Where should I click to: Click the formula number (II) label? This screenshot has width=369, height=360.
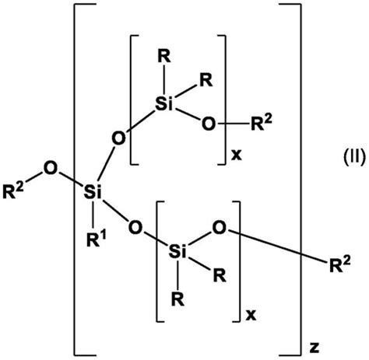354,158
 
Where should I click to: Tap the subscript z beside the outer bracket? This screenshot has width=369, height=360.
315,348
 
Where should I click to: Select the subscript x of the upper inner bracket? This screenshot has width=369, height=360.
236,155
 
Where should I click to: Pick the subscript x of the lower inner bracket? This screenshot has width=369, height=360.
251,315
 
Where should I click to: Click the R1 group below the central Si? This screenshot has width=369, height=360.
97,239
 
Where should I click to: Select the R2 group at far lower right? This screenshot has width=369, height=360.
340,264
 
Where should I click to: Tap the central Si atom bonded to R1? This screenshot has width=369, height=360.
93,192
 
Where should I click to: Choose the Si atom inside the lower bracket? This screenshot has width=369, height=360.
177,251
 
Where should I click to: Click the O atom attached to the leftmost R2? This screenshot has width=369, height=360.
50,168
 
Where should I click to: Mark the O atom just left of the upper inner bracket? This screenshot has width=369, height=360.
118,138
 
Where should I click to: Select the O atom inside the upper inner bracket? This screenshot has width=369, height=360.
209,124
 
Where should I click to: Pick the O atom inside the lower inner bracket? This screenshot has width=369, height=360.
220,228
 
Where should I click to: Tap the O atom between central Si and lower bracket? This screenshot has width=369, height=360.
135,227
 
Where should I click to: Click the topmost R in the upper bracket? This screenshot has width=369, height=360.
164,56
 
